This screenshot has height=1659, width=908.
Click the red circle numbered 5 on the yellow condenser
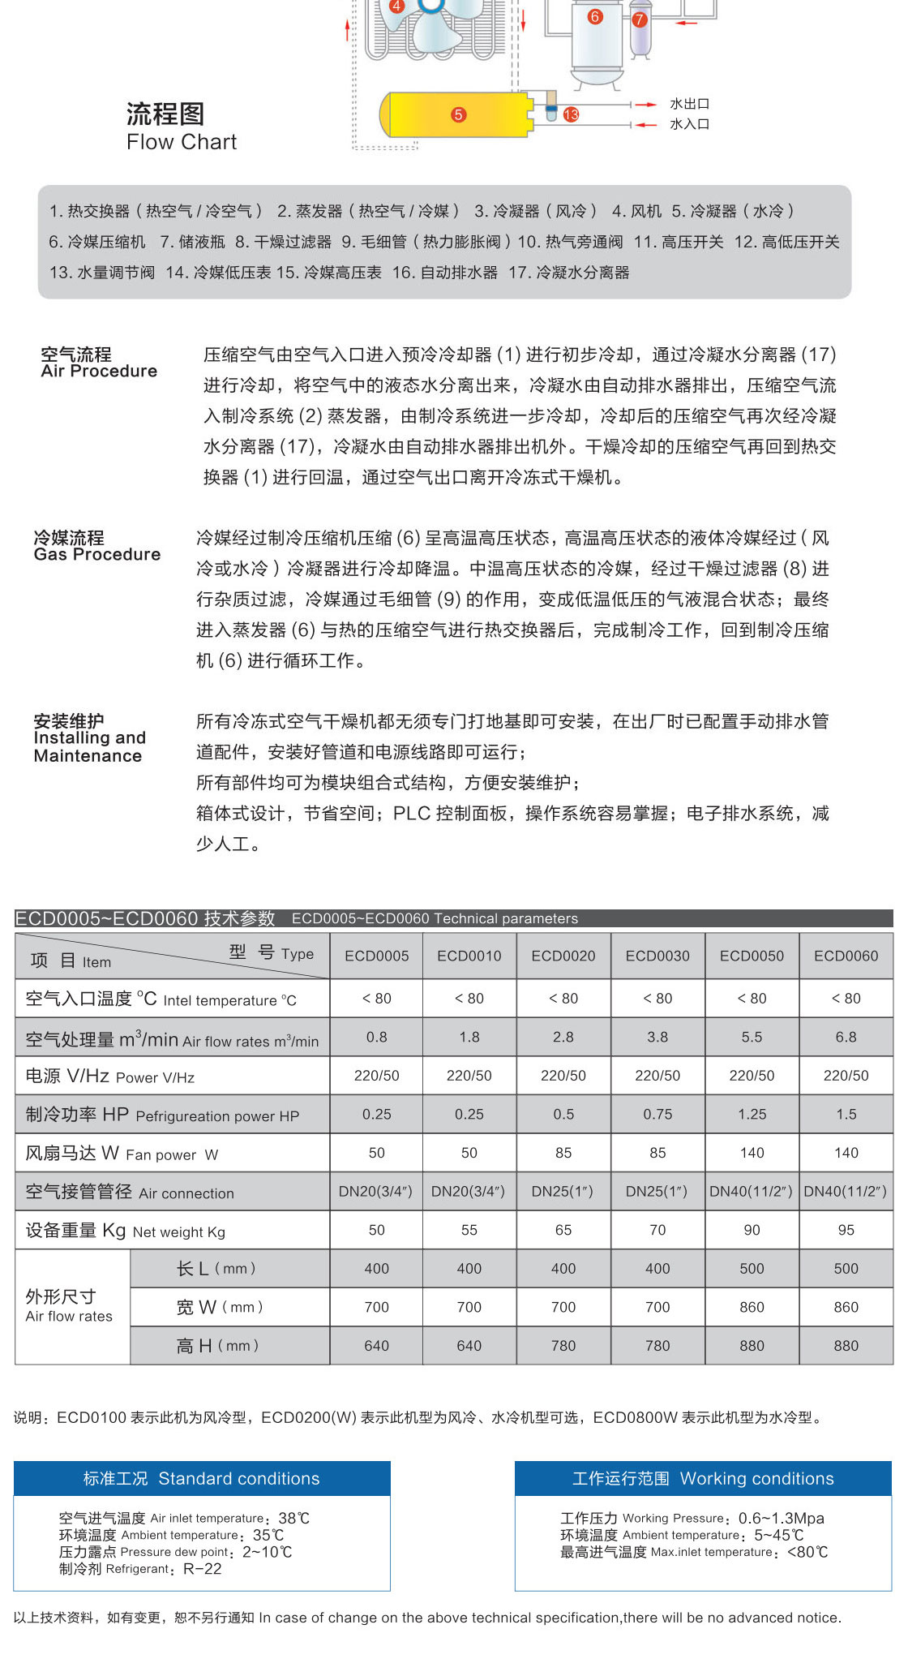pos(459,114)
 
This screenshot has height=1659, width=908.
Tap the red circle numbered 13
pos(572,114)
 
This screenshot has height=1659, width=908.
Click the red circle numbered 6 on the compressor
pos(595,16)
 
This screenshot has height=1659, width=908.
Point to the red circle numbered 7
pos(640,19)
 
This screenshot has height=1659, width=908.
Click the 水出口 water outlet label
pos(689,104)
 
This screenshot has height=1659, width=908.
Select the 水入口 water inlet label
pos(689,124)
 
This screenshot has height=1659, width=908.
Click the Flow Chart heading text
pos(182,142)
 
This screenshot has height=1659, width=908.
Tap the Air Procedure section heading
pos(99,372)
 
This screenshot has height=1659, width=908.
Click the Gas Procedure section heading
pos(97,555)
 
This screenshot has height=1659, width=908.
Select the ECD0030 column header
pos(657,956)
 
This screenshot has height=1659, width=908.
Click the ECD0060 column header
pos(846,956)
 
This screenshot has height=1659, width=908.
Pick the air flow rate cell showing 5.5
pos(752,1037)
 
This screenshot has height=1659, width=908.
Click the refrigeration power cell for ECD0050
pos(752,1114)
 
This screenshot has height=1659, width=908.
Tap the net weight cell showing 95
pos(846,1230)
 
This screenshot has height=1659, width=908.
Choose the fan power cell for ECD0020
pos(563,1153)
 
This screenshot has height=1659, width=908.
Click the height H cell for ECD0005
pos(376,1346)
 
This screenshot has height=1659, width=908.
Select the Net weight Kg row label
pos(126,1231)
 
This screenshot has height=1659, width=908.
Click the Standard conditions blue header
pos(202,1478)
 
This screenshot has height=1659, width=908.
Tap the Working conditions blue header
pos(703,1478)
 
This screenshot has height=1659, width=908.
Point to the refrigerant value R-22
pos(203,1569)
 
